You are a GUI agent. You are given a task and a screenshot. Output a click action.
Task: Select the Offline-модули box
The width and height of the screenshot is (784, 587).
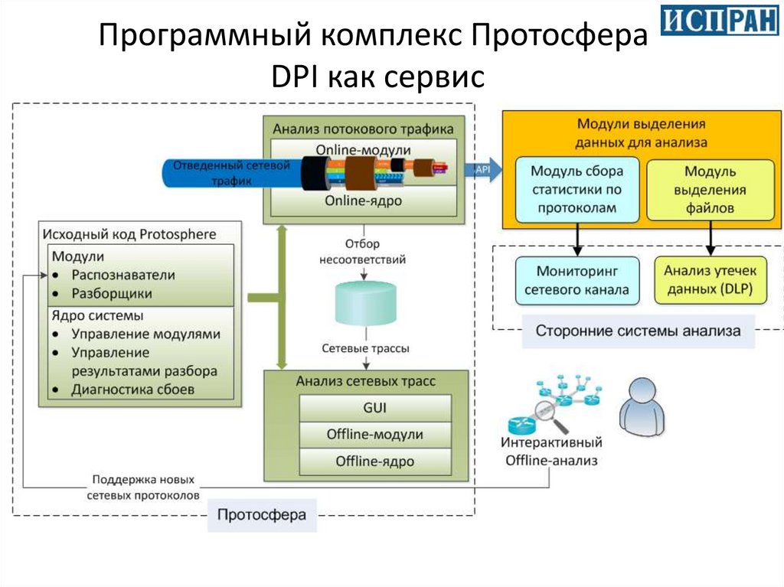pos(374,434)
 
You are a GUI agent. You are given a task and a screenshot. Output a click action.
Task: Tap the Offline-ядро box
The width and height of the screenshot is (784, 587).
pos(374,461)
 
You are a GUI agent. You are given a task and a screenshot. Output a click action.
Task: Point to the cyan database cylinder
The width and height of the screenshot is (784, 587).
pos(365,303)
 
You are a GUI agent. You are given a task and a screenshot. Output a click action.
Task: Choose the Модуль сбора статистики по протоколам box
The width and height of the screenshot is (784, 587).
pos(577,190)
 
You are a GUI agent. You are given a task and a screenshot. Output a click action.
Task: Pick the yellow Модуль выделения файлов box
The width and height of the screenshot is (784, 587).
pos(710,190)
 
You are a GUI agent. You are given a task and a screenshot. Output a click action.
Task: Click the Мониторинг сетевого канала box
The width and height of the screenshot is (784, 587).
pos(577,279)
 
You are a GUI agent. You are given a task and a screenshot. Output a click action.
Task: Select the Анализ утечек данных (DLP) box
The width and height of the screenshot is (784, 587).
pos(710,279)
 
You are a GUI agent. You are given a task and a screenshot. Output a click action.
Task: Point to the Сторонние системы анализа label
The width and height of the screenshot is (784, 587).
pos(638,331)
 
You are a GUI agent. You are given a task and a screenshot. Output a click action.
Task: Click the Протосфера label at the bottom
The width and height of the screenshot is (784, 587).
pos(261,514)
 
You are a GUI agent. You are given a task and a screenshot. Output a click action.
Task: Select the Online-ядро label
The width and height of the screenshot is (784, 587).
pos(363,201)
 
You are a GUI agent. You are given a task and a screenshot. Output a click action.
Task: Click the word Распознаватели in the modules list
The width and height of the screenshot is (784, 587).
pos(123,275)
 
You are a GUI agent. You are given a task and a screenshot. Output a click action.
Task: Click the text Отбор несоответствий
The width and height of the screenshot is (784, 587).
pos(363,252)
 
